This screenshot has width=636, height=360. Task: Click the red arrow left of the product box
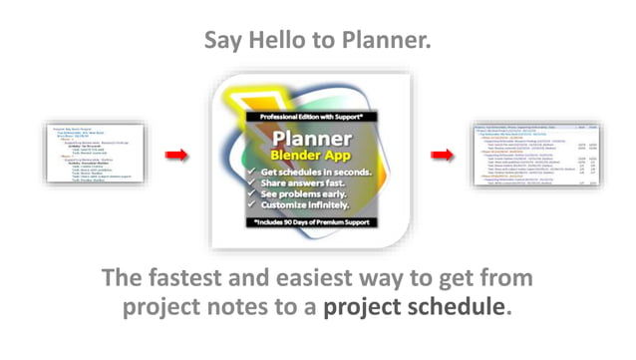tap(176, 155)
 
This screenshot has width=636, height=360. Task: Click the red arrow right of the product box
tap(442, 155)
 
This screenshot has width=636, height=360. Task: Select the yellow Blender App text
tap(312, 157)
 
